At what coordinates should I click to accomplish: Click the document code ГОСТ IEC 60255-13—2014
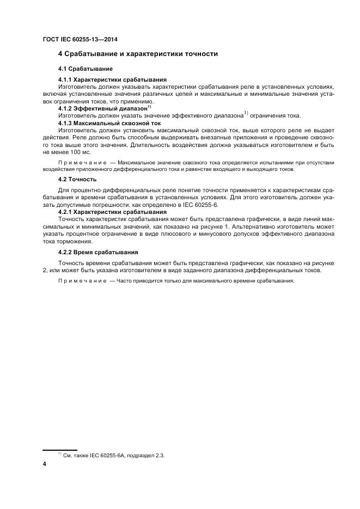point(80,40)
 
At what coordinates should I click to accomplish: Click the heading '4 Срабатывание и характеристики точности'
point(138,54)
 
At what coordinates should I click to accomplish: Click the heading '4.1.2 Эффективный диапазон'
point(103,108)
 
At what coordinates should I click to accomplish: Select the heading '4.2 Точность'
point(77,179)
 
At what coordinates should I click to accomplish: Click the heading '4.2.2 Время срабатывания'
point(98,252)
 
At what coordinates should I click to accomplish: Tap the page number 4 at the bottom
point(44,464)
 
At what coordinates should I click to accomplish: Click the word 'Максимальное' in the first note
point(137,162)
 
